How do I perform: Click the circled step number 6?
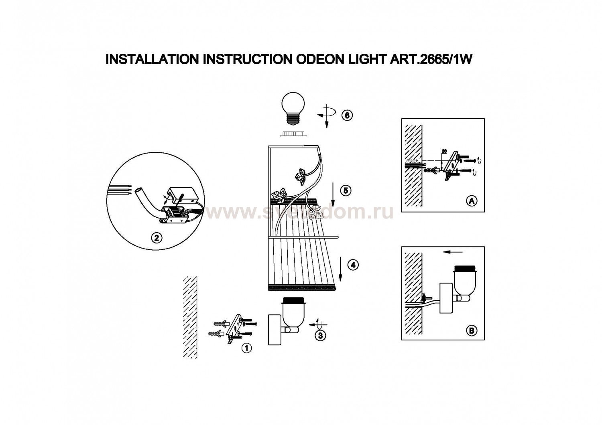347,115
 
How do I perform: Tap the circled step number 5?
346,190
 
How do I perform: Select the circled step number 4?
353,265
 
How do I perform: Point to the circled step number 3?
320,335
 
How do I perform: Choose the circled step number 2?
157,238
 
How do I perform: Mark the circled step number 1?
246,348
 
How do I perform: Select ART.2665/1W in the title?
429,60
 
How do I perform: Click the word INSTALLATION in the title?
152,60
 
